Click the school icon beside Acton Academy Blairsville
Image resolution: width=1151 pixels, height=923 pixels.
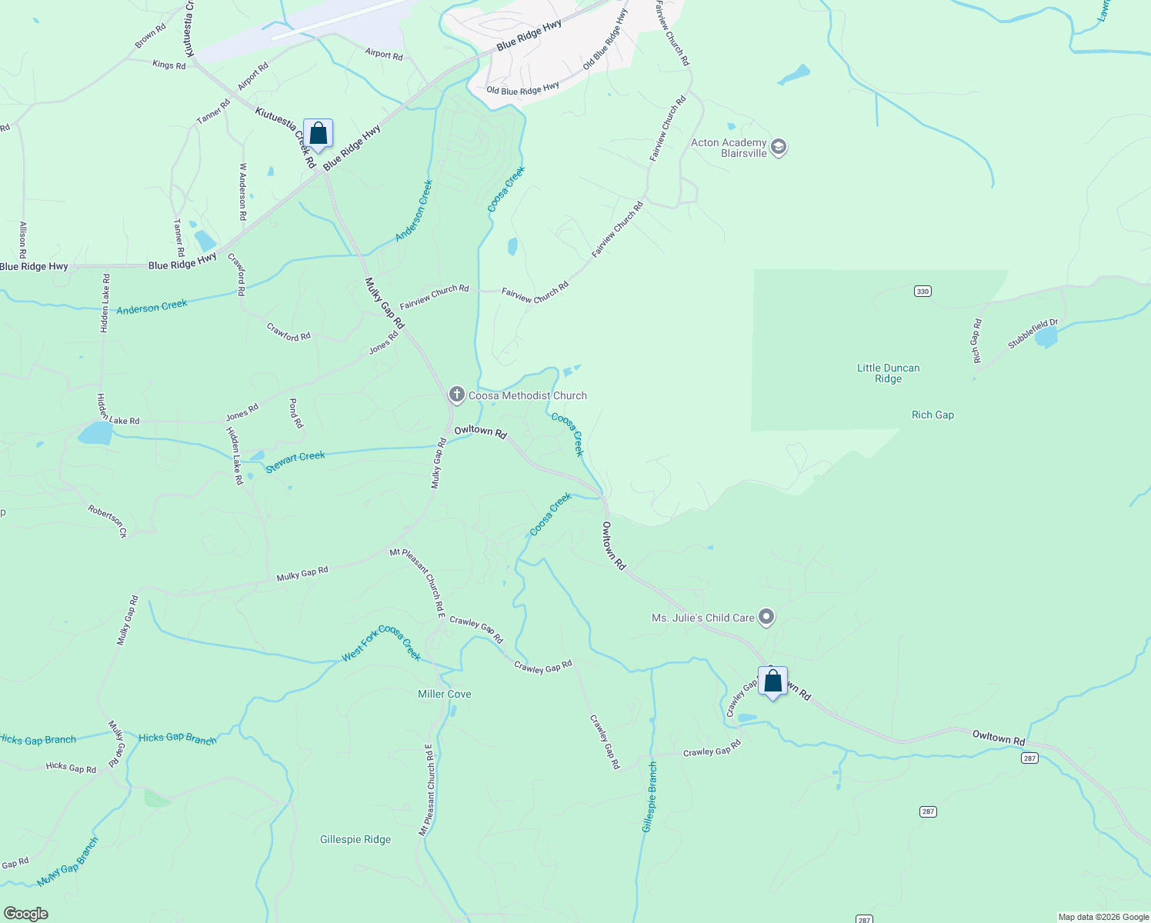778,147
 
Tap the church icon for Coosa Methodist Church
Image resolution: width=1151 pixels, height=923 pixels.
456,395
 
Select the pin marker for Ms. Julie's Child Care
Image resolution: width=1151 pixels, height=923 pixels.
766,617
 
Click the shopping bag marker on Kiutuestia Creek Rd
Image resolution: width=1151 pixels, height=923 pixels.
318,135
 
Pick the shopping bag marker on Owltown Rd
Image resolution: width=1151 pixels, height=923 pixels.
772,682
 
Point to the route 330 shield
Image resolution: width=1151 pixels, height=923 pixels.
922,291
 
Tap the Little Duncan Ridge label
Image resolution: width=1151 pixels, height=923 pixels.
888,373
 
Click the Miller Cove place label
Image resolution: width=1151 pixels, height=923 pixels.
444,694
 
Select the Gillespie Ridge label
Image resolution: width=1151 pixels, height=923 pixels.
355,839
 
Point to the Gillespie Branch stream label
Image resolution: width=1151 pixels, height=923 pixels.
650,797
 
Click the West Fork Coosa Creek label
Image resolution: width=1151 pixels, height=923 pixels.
382,643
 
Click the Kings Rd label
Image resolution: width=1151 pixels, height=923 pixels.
169,65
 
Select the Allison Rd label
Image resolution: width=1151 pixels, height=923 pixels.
23,239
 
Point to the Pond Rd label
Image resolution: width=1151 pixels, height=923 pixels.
295,413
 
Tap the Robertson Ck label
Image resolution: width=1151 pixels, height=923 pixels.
107,521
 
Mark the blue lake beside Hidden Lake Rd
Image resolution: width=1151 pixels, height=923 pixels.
95,433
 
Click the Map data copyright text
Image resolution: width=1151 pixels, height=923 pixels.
1103,917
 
